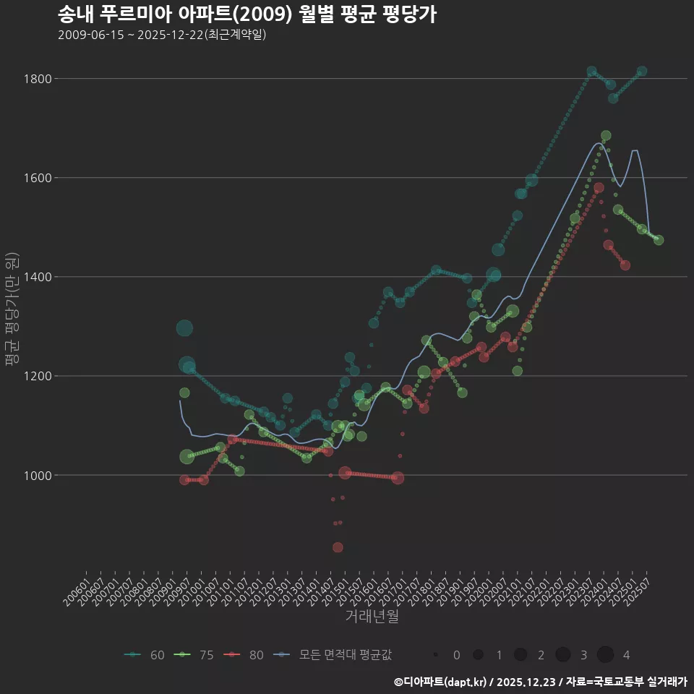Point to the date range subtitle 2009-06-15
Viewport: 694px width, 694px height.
[x=162, y=35]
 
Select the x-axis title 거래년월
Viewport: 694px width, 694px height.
[x=372, y=617]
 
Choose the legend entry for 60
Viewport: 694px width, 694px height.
[x=145, y=655]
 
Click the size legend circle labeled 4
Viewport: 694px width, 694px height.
[x=606, y=655]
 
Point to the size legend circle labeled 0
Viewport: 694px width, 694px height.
[x=436, y=655]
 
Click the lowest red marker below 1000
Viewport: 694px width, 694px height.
[x=338, y=547]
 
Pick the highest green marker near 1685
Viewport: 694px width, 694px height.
[x=606, y=136]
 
